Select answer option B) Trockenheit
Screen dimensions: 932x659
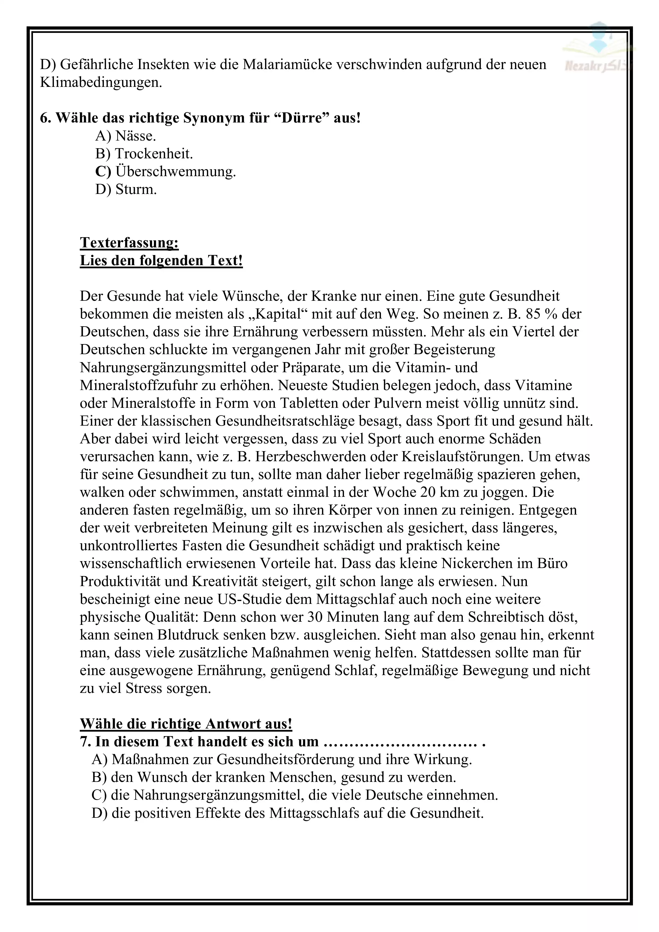pyautogui.click(x=144, y=154)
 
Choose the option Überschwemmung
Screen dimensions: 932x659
pyautogui.click(x=165, y=171)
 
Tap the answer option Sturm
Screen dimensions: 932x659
pyautogui.click(x=126, y=189)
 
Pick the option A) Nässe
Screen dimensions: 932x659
pyautogui.click(x=125, y=135)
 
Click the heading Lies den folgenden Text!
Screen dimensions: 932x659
pyautogui.click(x=161, y=260)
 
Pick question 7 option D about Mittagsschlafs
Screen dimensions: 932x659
pyautogui.click(x=287, y=813)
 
